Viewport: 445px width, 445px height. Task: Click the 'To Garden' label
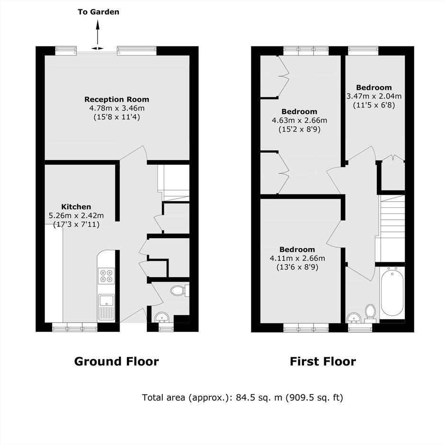98,12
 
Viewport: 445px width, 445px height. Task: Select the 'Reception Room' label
116,99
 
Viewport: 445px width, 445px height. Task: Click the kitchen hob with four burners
107,276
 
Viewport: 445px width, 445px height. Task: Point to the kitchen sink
107,307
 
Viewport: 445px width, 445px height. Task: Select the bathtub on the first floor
392,293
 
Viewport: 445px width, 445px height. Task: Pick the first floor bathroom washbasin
354,318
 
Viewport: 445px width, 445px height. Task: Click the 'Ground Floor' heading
116,362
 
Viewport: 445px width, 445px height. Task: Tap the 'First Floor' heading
323,362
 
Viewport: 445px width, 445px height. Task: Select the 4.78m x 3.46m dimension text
117,108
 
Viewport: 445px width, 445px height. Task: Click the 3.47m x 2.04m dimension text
374,96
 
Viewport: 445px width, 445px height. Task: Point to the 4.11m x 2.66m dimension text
297,258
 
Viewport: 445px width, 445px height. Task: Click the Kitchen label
76,206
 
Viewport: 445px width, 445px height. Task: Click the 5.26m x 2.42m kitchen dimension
76,215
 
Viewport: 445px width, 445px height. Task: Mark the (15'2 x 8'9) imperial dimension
299,129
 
